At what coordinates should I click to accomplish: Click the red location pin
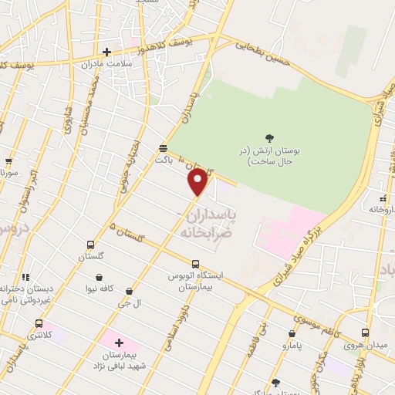(x=198, y=181)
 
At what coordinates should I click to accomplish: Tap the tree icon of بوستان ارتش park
(x=269, y=138)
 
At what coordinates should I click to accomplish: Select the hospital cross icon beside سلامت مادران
(x=106, y=52)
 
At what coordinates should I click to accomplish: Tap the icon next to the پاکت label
(x=163, y=147)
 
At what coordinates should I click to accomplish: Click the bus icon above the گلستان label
(x=91, y=245)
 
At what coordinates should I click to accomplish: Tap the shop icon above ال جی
(x=129, y=292)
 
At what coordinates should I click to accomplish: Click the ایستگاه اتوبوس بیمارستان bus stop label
(x=195, y=279)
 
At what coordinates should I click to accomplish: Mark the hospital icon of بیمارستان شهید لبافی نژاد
(x=119, y=342)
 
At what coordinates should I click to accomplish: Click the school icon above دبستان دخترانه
(x=25, y=276)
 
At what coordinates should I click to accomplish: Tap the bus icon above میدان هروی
(x=366, y=333)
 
